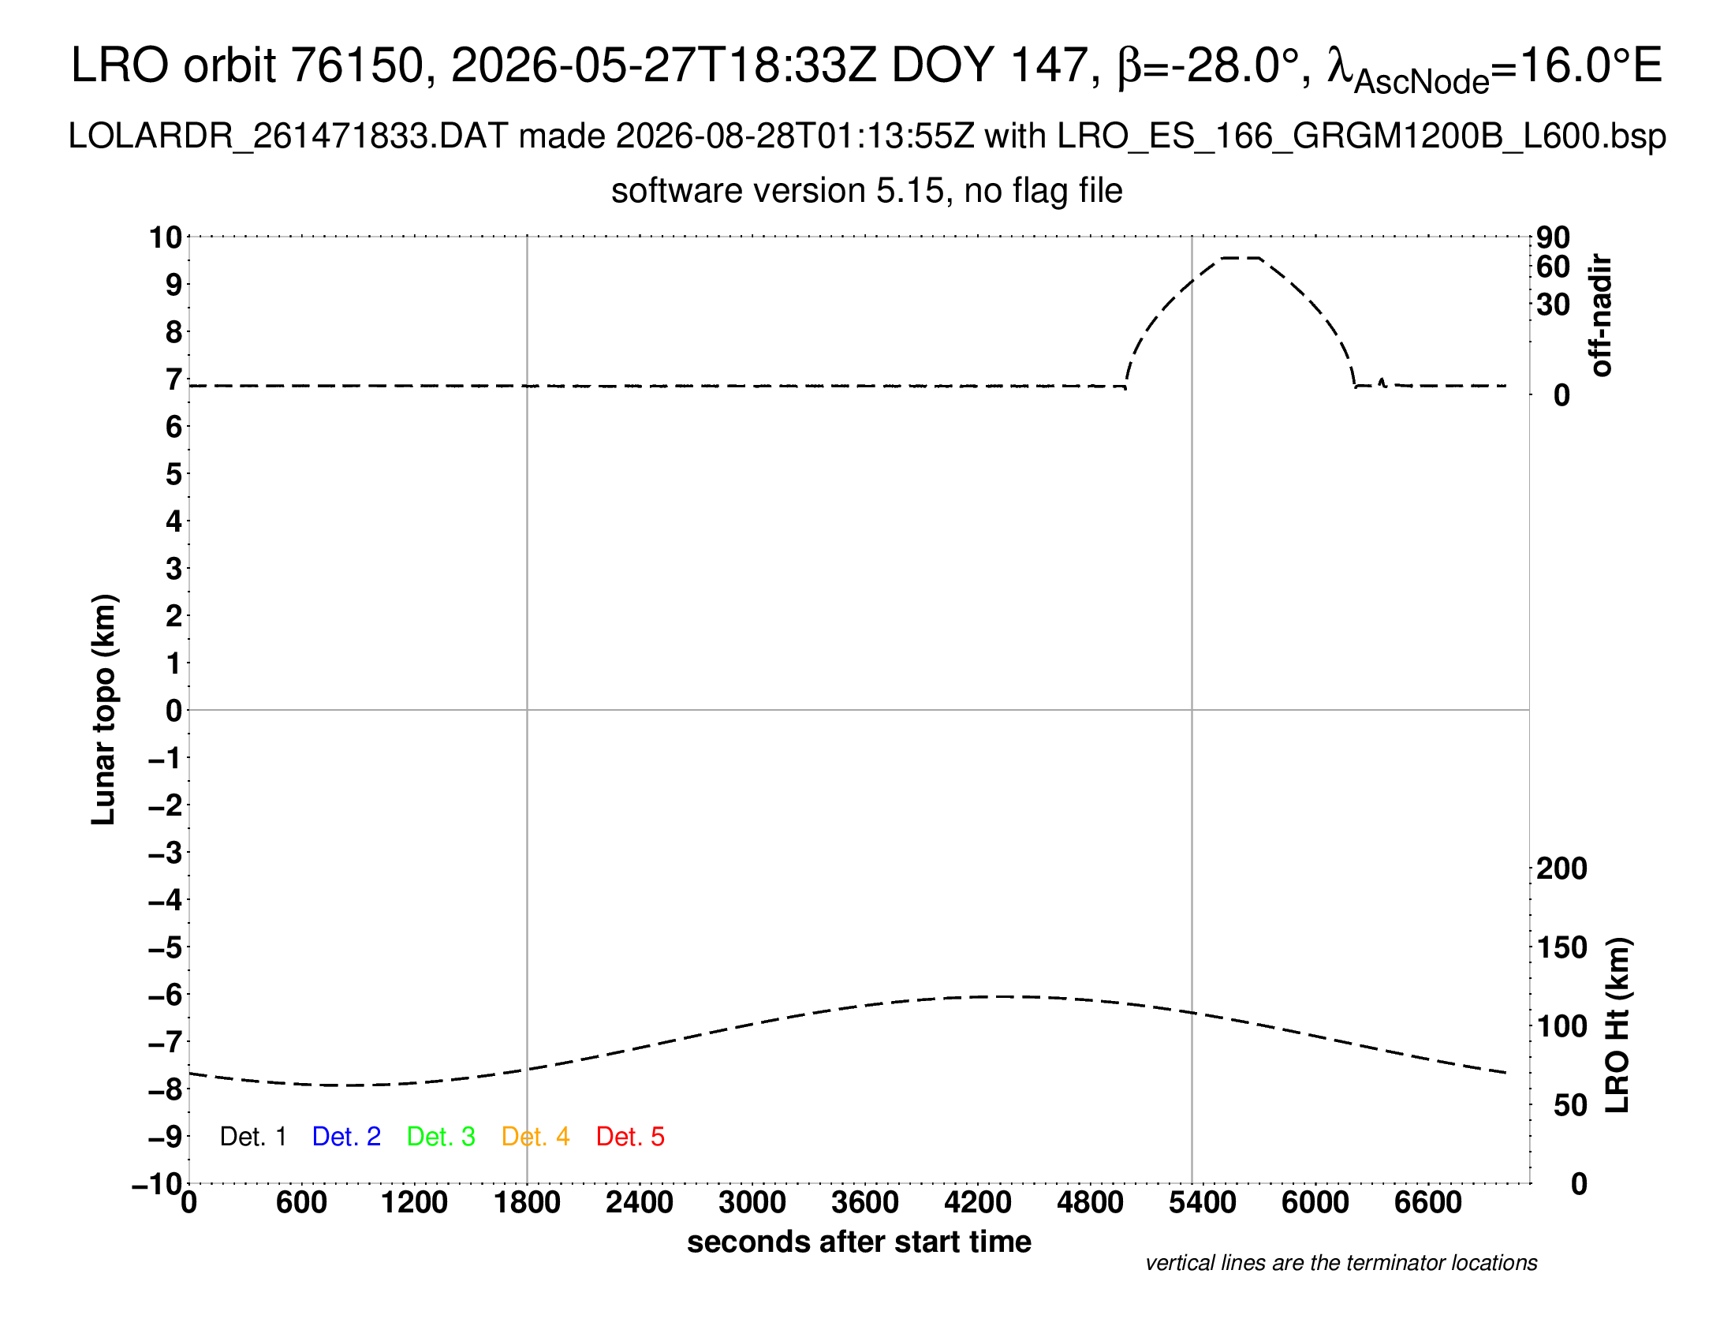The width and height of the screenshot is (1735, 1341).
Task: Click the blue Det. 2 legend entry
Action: coord(346,1137)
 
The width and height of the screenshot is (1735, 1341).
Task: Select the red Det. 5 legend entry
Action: coord(630,1137)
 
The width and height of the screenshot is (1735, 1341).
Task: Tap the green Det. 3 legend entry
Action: coord(441,1137)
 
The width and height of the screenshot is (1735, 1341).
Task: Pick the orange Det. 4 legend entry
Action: coord(535,1137)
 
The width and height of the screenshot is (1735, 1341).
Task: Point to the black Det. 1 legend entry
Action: coord(252,1137)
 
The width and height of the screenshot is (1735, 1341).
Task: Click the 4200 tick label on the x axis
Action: coord(978,1203)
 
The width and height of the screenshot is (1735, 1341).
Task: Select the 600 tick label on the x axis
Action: coord(302,1203)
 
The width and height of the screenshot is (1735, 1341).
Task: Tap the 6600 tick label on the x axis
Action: coord(1428,1203)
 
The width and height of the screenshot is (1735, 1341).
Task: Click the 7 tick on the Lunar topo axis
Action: coord(174,379)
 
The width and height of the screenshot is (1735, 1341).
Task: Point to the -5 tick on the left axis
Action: coord(166,947)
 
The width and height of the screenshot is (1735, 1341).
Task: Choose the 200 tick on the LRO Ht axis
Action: coord(1561,868)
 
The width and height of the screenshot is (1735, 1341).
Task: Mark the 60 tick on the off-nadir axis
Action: coord(1553,267)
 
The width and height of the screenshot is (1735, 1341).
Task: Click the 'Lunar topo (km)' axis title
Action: coord(104,709)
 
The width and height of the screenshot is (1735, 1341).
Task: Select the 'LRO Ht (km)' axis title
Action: coord(1617,1025)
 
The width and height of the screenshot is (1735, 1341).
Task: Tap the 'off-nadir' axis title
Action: coord(1602,316)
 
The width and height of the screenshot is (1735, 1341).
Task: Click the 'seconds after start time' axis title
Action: coord(859,1242)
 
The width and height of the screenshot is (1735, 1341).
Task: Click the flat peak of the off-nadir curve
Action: coord(1241,257)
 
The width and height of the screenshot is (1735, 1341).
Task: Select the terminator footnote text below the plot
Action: coord(1341,1263)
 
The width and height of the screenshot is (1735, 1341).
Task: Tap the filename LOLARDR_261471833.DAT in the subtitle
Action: coord(289,136)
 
